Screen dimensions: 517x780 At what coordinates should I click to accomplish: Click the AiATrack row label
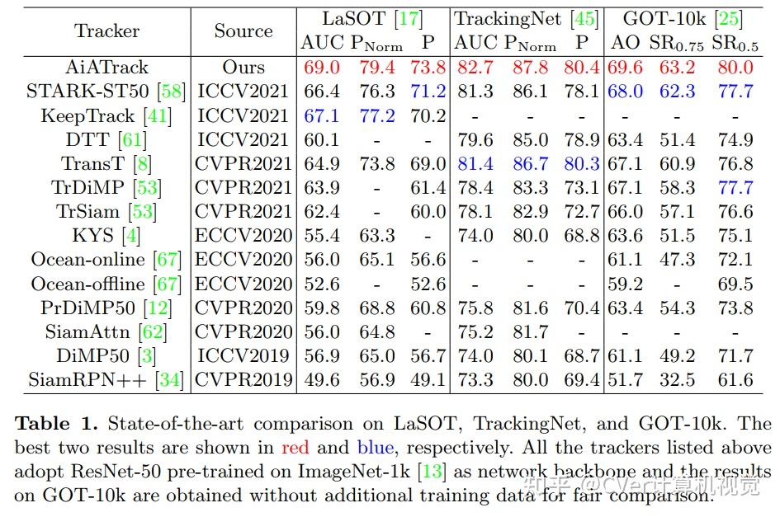click(107, 68)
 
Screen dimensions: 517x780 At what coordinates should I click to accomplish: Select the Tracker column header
click(107, 31)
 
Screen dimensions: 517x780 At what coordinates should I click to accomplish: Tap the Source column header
click(243, 31)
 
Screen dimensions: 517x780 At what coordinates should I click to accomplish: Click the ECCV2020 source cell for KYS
click(243, 236)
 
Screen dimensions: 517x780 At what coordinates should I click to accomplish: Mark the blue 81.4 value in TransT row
click(475, 164)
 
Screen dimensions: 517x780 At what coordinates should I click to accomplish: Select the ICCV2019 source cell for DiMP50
click(243, 356)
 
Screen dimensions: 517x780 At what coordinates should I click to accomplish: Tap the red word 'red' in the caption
click(295, 449)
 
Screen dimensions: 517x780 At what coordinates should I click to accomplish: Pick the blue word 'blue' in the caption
click(375, 449)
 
